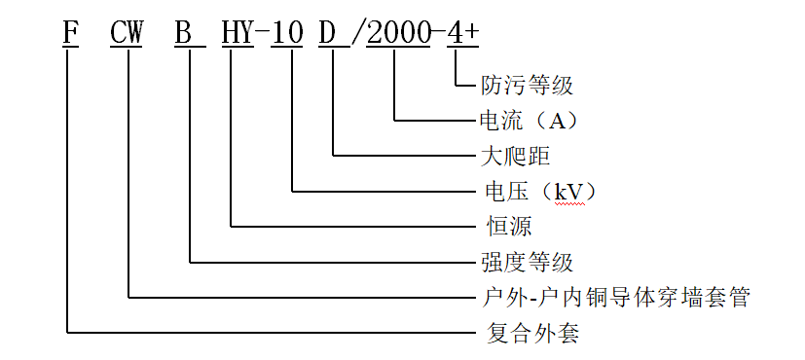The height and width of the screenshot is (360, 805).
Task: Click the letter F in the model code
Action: (69, 32)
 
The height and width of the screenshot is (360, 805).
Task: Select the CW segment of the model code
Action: (128, 32)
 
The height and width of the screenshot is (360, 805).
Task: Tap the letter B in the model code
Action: (184, 32)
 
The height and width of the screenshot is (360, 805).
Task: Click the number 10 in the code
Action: (287, 32)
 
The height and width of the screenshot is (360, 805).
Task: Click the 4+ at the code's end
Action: (463, 32)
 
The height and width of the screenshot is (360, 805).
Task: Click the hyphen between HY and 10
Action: (262, 33)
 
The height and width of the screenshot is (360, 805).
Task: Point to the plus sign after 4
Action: (472, 32)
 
